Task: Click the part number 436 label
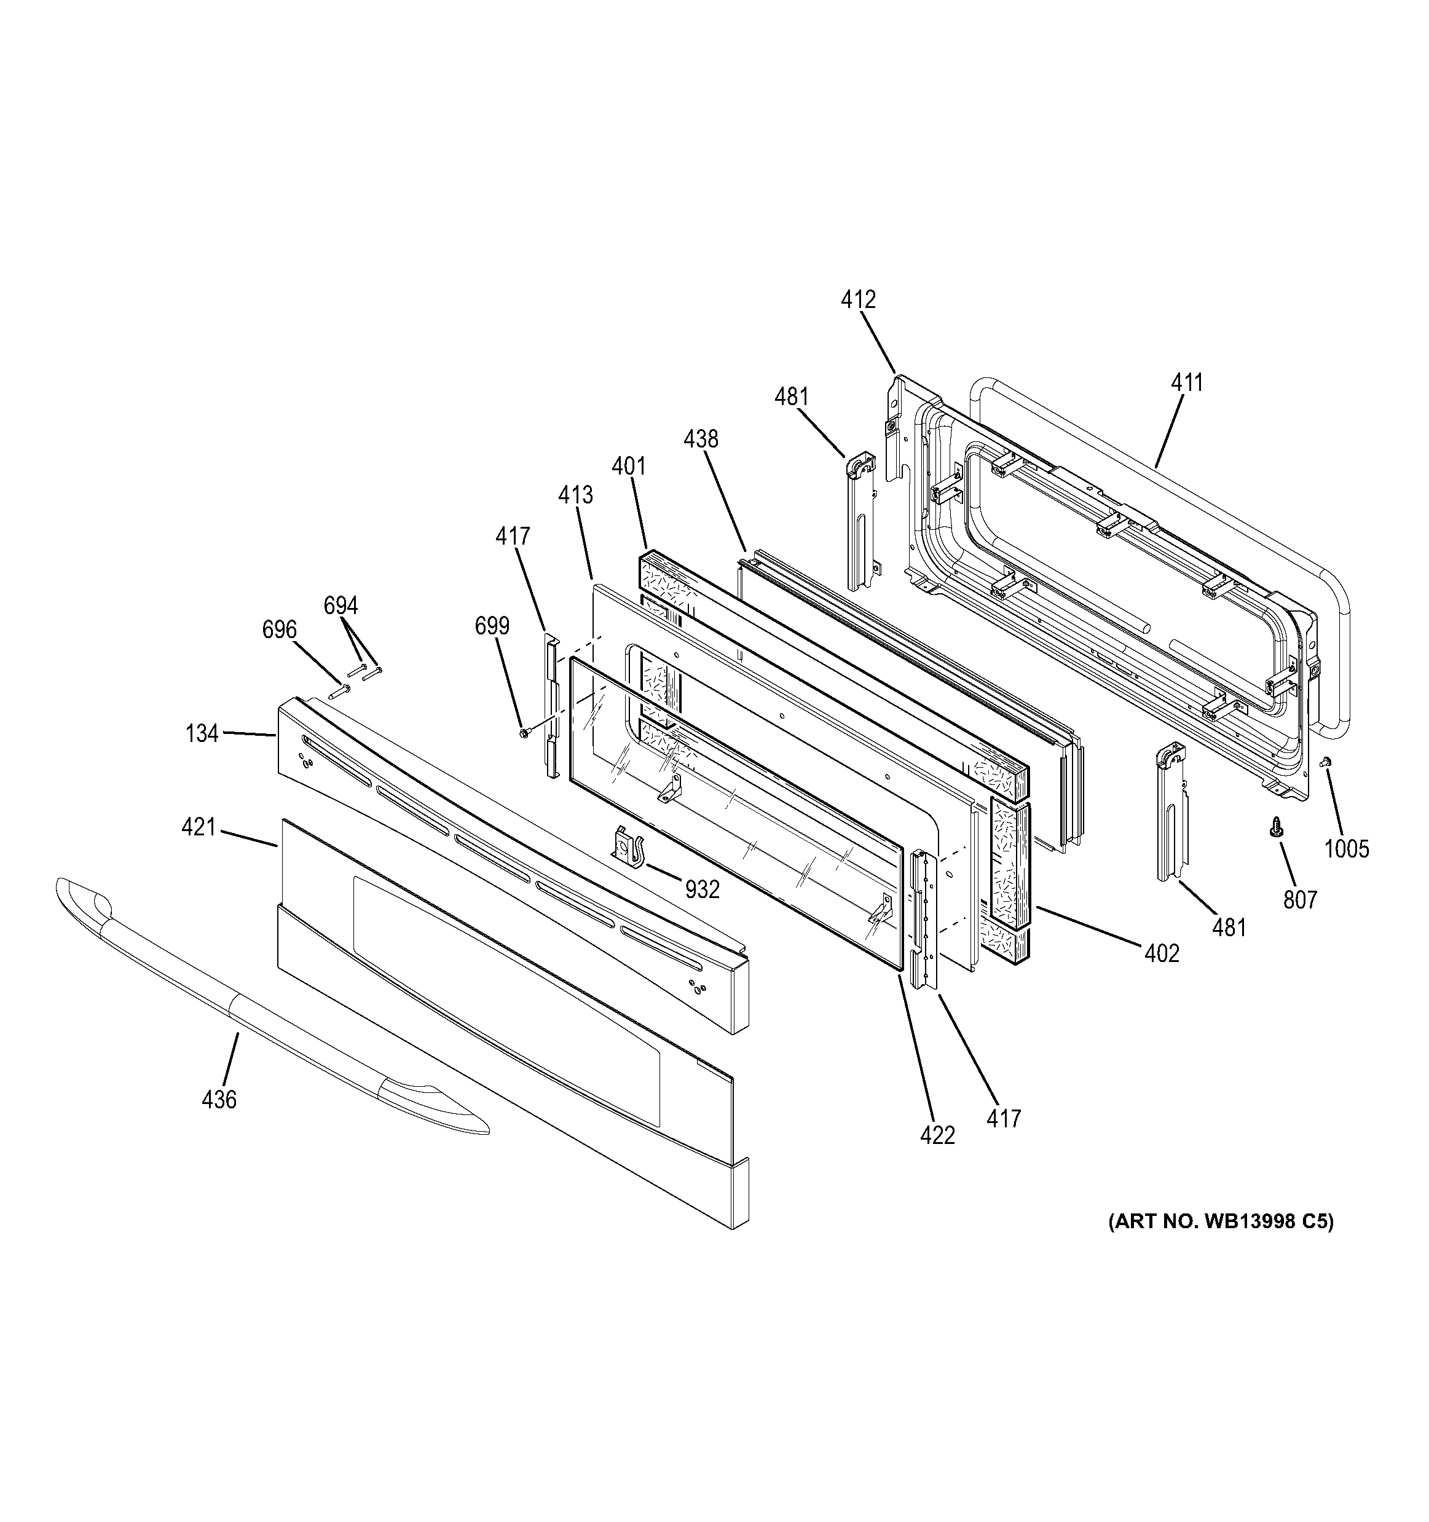click(219, 1100)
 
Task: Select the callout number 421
click(199, 827)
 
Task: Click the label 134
click(202, 733)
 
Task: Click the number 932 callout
click(702, 889)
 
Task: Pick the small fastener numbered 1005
click(1326, 783)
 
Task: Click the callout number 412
click(858, 299)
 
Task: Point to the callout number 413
click(575, 495)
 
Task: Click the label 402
click(1162, 953)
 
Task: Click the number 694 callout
click(341, 605)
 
